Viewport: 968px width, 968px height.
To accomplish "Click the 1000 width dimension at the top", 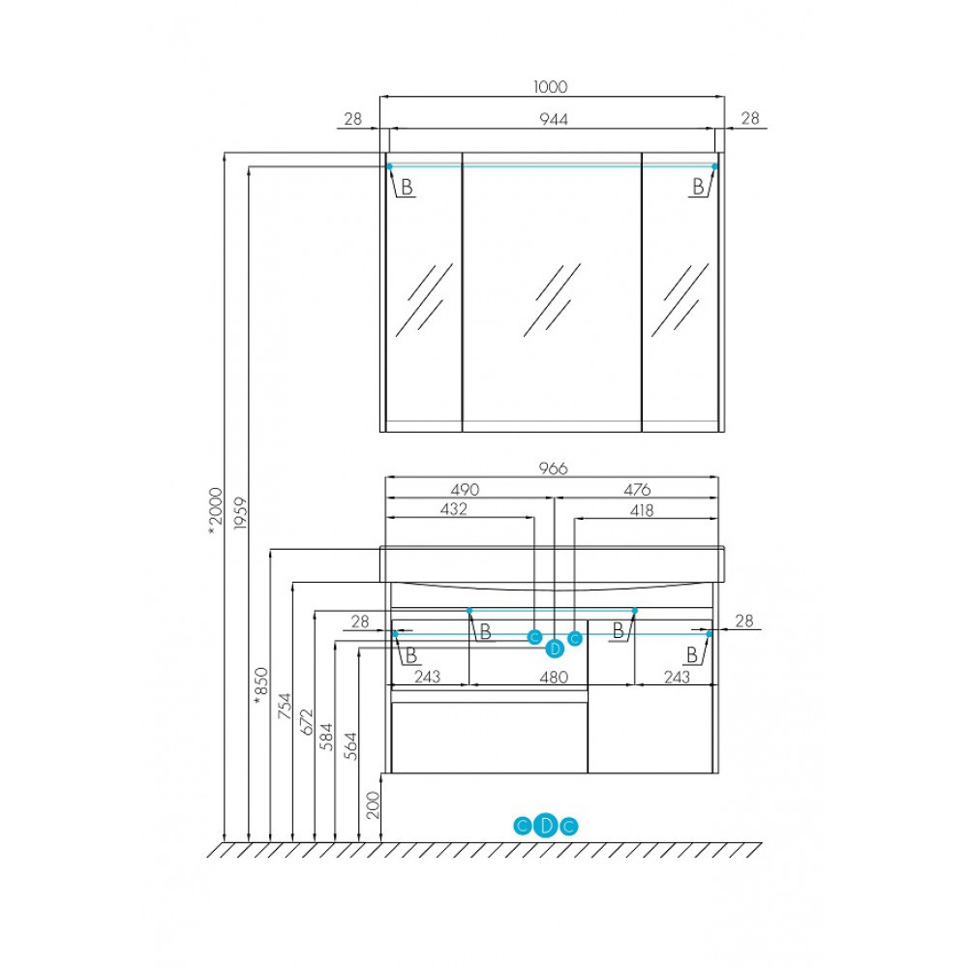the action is (550, 87).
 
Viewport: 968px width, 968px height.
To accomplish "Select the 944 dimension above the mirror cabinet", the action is (553, 118).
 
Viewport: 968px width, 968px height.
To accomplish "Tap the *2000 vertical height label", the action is (216, 510).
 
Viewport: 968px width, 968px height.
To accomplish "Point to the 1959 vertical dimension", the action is (240, 514).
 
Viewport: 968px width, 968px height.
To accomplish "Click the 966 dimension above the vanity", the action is (553, 469).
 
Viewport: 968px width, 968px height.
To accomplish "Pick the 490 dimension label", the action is (465, 490).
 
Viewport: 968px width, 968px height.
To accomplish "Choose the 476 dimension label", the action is (637, 490).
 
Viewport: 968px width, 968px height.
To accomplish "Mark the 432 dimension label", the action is (454, 509).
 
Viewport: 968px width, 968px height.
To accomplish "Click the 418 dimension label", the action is (642, 510).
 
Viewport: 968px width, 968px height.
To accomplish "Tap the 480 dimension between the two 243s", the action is (553, 678).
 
